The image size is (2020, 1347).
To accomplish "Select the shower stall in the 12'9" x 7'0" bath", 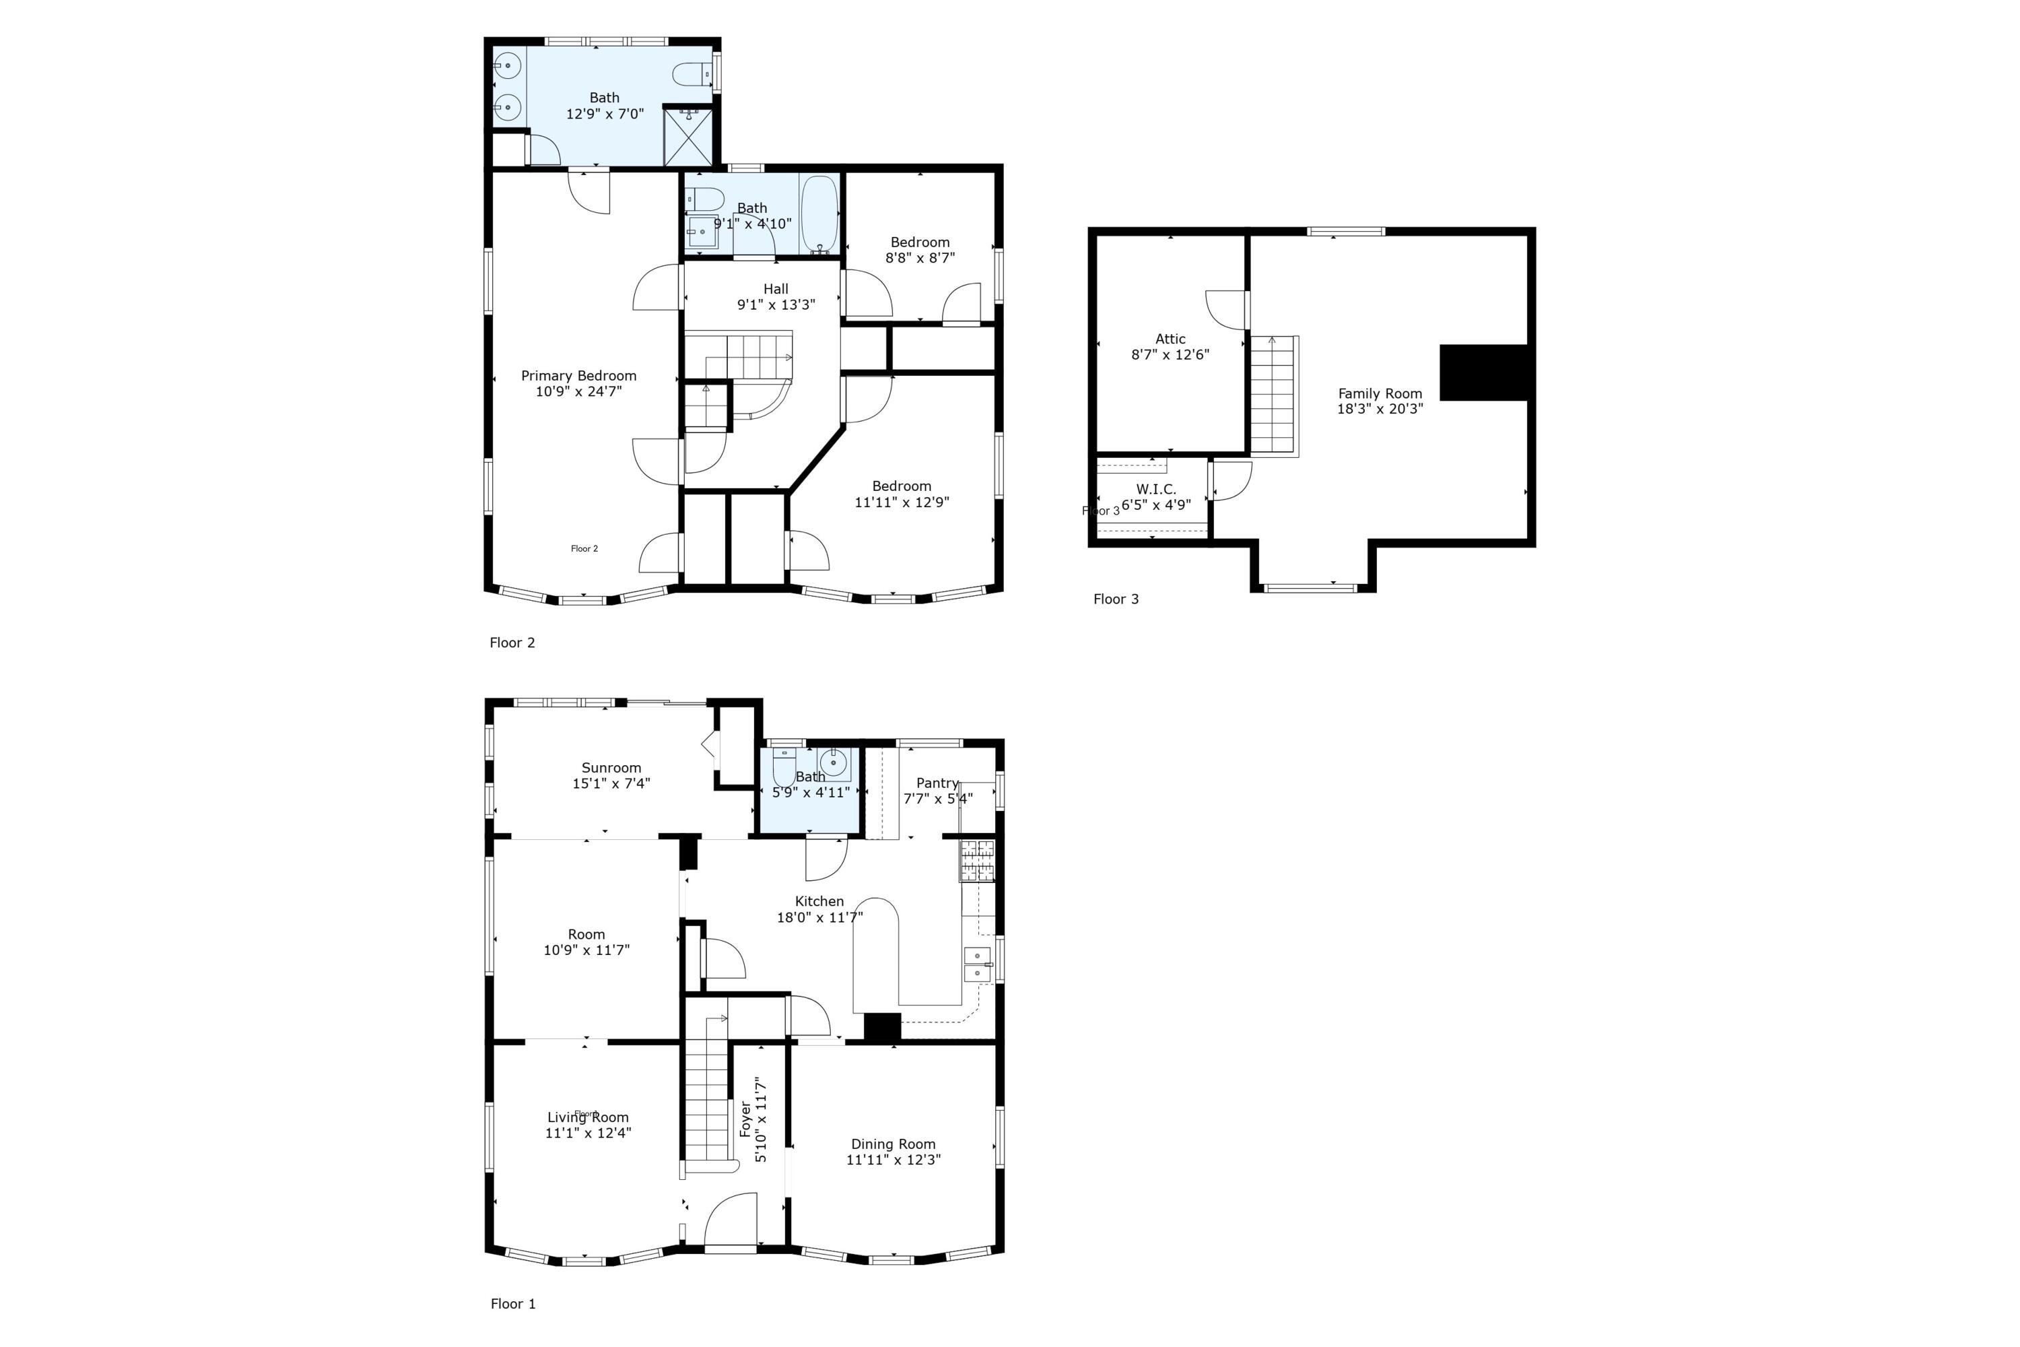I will [688, 136].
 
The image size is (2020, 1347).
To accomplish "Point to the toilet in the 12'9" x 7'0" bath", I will [692, 75].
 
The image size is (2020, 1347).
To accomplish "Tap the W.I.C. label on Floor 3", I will [1156, 489].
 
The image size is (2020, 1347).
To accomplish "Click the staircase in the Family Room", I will [1273, 395].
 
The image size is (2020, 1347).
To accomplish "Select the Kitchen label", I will [819, 901].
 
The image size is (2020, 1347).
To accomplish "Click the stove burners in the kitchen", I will [976, 860].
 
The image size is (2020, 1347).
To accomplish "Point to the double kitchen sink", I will [976, 964].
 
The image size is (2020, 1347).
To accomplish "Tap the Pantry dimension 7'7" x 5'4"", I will [937, 798].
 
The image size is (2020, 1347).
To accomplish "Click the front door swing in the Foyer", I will [731, 1219].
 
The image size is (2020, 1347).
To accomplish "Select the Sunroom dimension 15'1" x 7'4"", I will [611, 783].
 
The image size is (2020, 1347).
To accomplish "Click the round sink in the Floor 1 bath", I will [832, 761].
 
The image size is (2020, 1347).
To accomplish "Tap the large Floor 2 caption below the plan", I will [512, 643].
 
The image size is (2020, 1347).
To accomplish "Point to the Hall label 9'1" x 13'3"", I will [776, 296].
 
